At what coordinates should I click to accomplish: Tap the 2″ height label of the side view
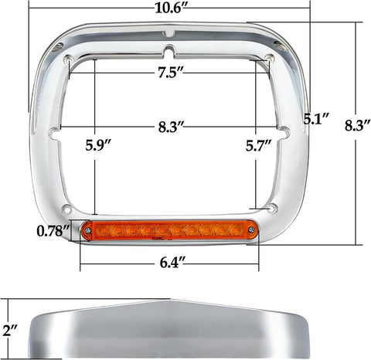pos(11,331)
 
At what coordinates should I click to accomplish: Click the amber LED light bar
pos(167,230)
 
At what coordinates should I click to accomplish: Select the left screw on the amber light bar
pos(88,231)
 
